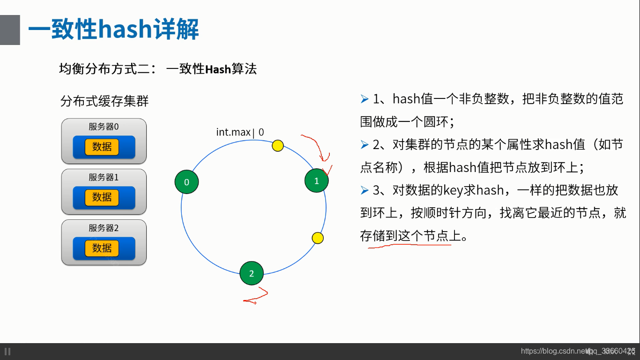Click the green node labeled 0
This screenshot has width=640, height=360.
coord(186,182)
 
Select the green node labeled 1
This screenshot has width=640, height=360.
coord(316,180)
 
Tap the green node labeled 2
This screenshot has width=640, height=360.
coord(252,273)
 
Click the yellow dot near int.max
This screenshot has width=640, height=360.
coord(278,145)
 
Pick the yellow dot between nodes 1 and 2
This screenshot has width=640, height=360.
coord(318,238)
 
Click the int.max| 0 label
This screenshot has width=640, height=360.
coord(240,132)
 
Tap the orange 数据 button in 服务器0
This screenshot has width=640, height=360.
coord(102,147)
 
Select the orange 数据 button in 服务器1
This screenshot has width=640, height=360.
coord(102,197)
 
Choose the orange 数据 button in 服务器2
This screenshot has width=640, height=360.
coord(102,248)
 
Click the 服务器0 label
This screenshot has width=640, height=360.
coord(104,127)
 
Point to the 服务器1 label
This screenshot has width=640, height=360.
coord(104,177)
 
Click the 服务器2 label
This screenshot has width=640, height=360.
coord(104,228)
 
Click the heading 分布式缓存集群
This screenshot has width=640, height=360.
coord(104,101)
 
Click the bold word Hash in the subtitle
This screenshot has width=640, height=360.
coord(218,69)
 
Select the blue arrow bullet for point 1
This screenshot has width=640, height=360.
coord(365,99)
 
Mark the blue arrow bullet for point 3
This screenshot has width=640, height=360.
coord(365,190)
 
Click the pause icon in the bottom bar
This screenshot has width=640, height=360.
coord(7,351)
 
